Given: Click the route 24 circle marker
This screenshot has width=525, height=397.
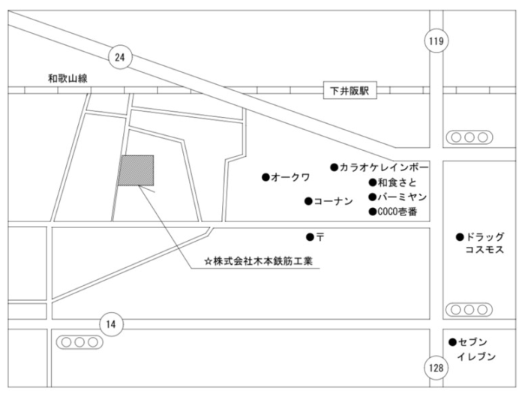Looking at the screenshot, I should (119, 56).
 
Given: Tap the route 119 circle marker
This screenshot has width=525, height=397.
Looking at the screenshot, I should (436, 41).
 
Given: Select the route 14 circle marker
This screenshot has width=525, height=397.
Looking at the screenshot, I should (111, 324).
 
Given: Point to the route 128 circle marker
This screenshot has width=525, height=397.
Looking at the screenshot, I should (436, 368).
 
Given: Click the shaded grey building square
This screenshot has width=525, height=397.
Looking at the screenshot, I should (136, 170).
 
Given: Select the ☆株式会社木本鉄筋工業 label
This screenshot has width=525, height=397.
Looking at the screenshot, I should (262, 262).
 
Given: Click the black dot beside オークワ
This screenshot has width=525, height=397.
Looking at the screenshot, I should (265, 177).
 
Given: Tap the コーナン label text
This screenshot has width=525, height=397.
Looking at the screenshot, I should (333, 201).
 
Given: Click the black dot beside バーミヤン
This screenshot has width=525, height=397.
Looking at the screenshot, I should (371, 197).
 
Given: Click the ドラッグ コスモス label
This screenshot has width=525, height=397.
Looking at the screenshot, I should (484, 243).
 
